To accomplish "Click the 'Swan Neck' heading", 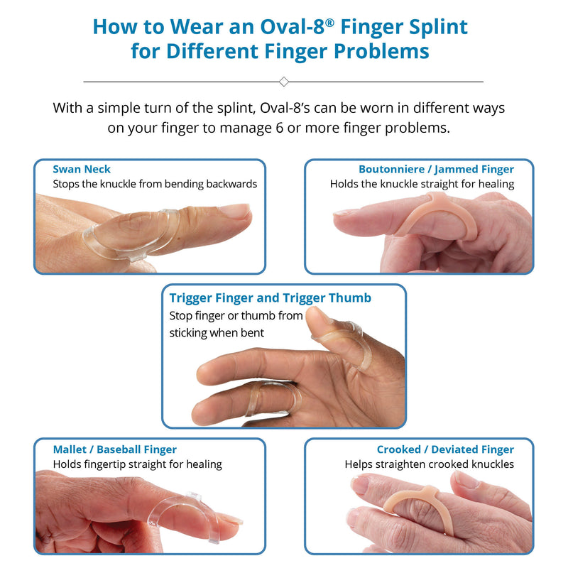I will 82,169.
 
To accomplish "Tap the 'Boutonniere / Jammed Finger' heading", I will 436,169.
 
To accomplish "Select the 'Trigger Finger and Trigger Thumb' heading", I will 270,297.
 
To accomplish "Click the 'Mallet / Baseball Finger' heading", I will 114,449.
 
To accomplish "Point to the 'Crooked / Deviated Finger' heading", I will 445,449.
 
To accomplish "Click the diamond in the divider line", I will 284,82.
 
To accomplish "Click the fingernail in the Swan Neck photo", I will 234,211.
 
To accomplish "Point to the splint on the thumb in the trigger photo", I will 355,348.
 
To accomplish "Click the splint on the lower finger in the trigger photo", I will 270,398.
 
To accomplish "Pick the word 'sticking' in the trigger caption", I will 190,332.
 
